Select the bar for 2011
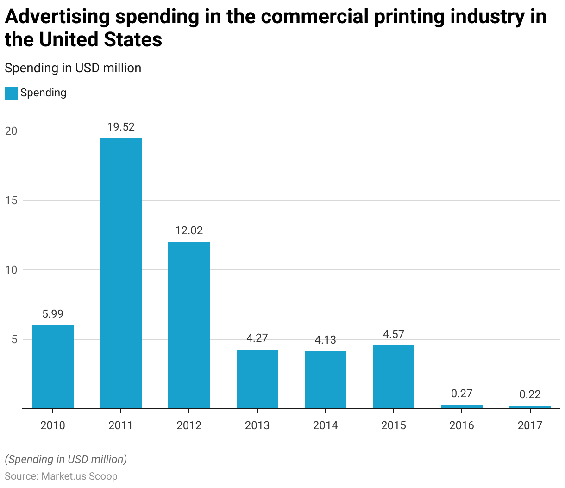pos(121,273)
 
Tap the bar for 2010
pos(53,367)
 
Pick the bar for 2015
pos(394,377)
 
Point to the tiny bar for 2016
pos(462,407)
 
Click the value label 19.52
pos(121,127)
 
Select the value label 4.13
pos(326,340)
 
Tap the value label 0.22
pos(530,394)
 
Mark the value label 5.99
pos(53,314)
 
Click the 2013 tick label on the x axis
pos(257,425)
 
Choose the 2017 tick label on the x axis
pos(530,425)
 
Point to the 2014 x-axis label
pos(326,425)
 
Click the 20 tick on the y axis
pos(11,131)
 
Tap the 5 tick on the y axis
pos(14,339)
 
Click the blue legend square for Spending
pos(11,93)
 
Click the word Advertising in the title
pos(57,17)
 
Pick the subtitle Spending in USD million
pos(73,68)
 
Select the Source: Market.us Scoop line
pos(61,476)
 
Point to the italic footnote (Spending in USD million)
pos(66,459)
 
